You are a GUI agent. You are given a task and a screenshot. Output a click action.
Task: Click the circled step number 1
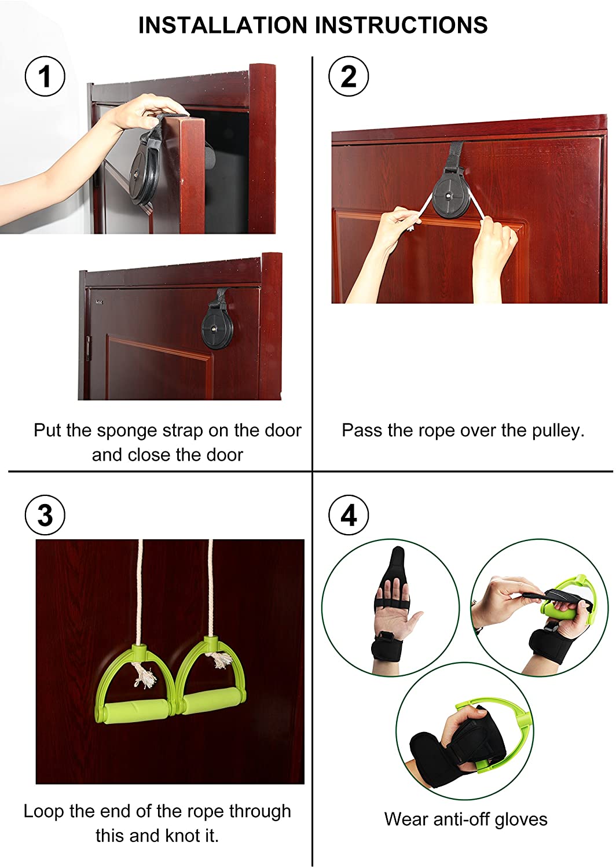[x=45, y=76]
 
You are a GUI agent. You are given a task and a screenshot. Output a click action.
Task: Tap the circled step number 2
[x=349, y=76]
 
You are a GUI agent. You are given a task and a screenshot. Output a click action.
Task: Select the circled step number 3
[x=45, y=515]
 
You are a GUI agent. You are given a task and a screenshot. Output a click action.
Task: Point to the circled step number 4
[x=349, y=515]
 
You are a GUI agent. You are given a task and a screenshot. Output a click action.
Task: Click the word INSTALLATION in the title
[x=223, y=25]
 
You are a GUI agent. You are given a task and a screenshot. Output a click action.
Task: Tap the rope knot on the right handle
[x=219, y=660]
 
